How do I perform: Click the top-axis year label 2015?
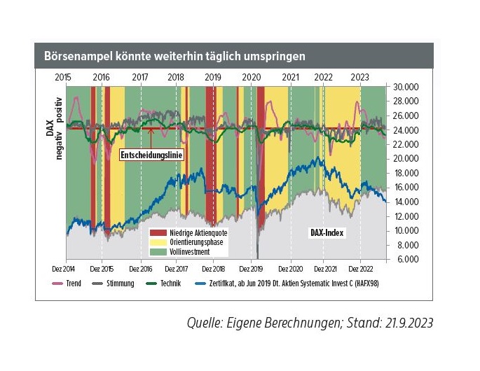63,76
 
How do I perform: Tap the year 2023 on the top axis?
360,76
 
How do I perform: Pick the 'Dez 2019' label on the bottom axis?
251,268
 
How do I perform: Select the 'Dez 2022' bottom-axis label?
360,268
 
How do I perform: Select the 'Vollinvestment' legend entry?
184,251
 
